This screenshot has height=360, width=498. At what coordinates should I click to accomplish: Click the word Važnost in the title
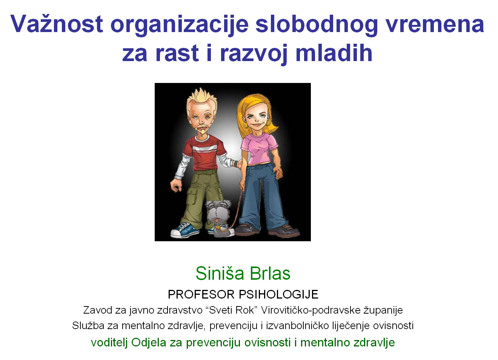(57, 24)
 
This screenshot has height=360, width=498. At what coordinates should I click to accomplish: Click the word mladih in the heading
(334, 53)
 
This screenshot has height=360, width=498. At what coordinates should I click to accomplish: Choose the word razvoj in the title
(253, 55)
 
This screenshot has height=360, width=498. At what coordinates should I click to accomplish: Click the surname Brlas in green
(270, 273)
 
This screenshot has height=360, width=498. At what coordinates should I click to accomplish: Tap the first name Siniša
(220, 273)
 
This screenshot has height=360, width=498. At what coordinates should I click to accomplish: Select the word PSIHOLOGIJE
(278, 294)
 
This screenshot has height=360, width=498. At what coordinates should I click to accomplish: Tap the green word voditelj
(109, 342)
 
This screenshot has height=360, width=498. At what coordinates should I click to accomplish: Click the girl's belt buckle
(258, 166)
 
